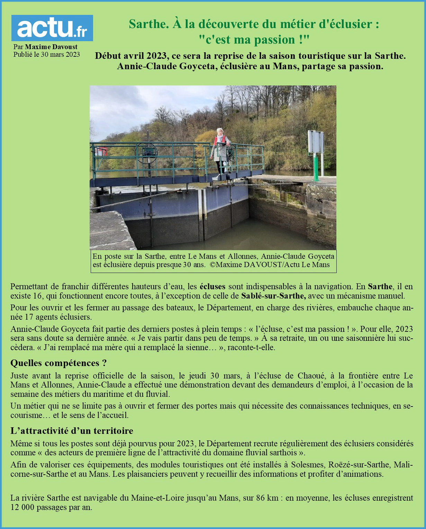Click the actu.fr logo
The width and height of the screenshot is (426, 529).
[x=52, y=28]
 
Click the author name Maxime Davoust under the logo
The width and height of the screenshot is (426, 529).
[x=51, y=47]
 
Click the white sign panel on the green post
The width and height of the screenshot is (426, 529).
[x=316, y=142]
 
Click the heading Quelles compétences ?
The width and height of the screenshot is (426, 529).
[x=58, y=363]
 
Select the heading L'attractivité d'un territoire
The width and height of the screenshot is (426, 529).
[x=72, y=431]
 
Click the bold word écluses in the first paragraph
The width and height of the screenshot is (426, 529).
[x=212, y=286]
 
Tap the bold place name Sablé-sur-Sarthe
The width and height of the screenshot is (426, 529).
[x=273, y=296]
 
